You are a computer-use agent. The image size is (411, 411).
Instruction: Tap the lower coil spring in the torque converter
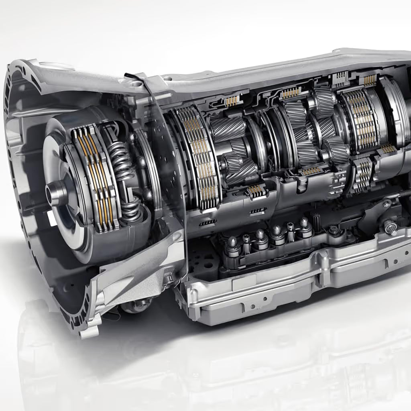131,210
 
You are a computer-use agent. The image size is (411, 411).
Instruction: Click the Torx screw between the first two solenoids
246,239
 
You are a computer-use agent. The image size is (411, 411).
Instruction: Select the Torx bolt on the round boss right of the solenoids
334,230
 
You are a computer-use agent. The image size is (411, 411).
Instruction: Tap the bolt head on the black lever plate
387,203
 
